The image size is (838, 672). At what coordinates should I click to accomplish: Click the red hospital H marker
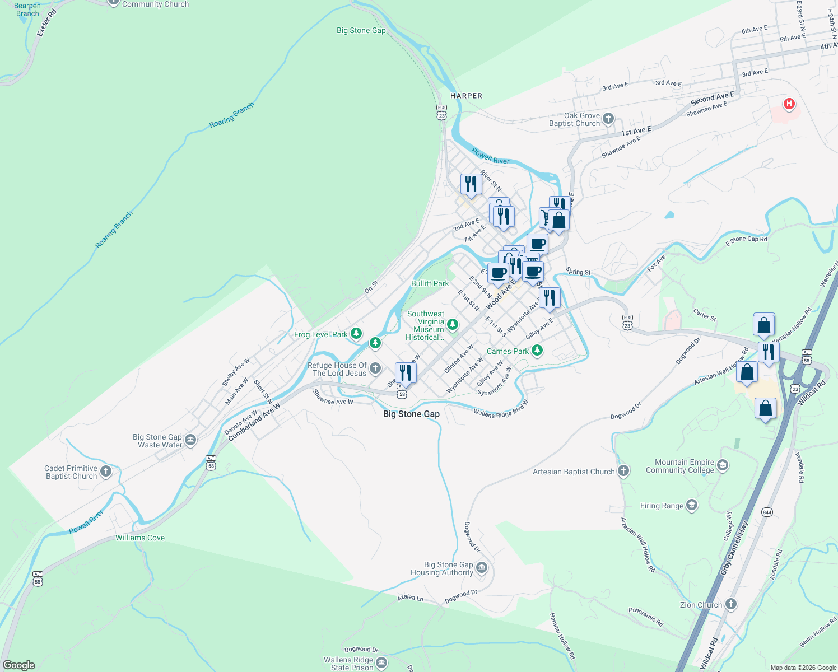[789, 104]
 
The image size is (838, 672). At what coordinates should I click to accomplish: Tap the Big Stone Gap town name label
[411, 414]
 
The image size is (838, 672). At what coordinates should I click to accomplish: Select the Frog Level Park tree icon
[356, 334]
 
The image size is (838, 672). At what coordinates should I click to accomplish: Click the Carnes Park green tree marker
[537, 351]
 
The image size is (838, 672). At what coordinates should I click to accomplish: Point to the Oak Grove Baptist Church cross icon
[609, 119]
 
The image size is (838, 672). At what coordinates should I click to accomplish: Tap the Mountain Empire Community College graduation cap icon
[723, 465]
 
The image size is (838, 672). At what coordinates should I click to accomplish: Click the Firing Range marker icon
[692, 506]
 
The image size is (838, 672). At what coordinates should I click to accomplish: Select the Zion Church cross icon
[730, 604]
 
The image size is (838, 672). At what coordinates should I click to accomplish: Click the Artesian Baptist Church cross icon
[623, 471]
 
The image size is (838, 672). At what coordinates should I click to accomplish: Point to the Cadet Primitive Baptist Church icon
[106, 472]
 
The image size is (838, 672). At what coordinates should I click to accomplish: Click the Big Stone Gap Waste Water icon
[190, 440]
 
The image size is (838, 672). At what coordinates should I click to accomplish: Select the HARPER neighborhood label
[466, 96]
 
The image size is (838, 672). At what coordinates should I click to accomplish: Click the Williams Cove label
[140, 538]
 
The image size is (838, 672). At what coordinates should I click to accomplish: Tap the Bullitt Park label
[430, 283]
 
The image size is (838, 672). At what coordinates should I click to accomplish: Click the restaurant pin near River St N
[471, 184]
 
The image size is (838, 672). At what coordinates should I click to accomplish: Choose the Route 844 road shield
[767, 512]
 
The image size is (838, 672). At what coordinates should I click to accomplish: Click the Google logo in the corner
[19, 665]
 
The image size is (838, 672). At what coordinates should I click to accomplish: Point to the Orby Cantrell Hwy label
[734, 548]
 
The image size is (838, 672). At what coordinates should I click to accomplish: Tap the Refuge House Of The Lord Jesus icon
[375, 368]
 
